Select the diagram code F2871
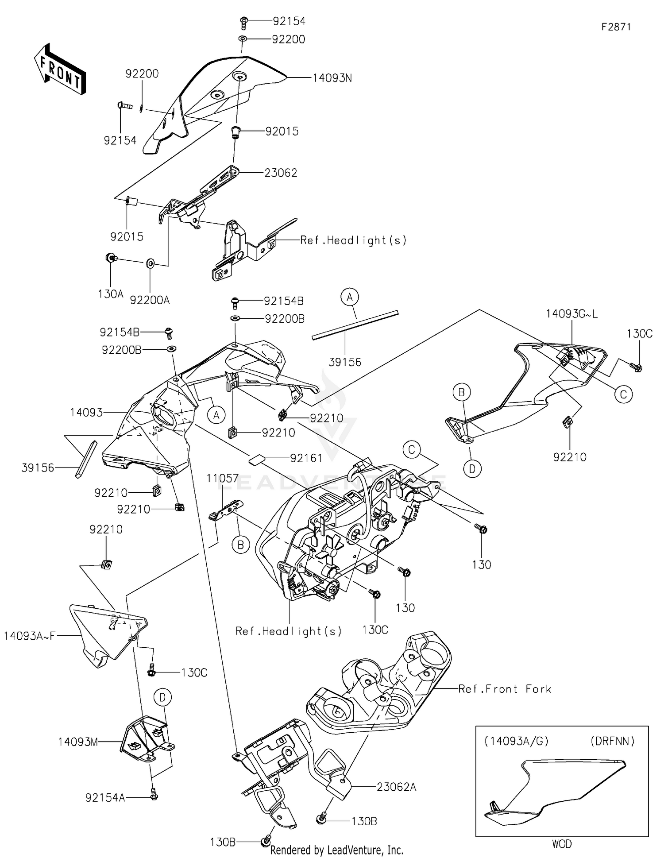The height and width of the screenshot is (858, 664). pyautogui.click(x=616, y=27)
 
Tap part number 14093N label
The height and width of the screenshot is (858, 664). pyautogui.click(x=332, y=78)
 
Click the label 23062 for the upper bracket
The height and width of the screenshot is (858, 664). pyautogui.click(x=281, y=173)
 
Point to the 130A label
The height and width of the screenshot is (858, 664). pyautogui.click(x=110, y=294)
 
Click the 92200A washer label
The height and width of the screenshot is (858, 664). pyautogui.click(x=150, y=300)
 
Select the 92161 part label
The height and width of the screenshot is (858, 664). pyautogui.click(x=306, y=458)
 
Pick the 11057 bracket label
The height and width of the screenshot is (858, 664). pyautogui.click(x=222, y=478)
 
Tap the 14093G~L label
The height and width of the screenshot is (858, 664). pyautogui.click(x=571, y=314)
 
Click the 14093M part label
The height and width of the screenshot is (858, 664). pyautogui.click(x=77, y=742)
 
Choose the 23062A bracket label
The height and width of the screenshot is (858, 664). pyautogui.click(x=396, y=787)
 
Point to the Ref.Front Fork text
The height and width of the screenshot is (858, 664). pyautogui.click(x=504, y=689)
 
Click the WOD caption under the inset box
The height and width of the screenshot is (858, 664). pyautogui.click(x=561, y=844)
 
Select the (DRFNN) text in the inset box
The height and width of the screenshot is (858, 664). pyautogui.click(x=612, y=741)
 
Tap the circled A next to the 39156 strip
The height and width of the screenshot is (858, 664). pyautogui.click(x=350, y=297)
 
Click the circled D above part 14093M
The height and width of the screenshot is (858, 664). pyautogui.click(x=162, y=698)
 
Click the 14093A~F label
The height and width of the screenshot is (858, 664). pyautogui.click(x=30, y=636)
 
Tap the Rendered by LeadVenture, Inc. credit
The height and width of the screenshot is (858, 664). pyautogui.click(x=336, y=850)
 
